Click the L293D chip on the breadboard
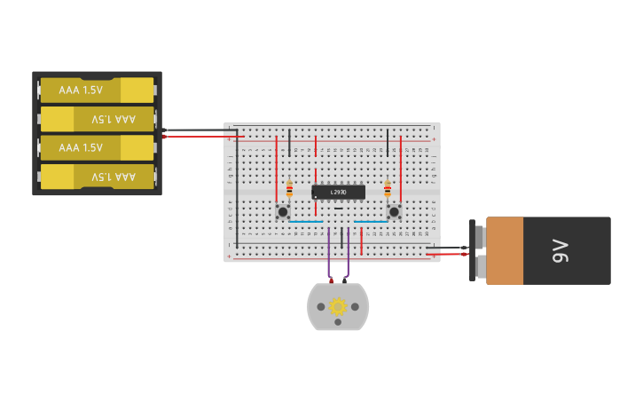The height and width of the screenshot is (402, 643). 338,192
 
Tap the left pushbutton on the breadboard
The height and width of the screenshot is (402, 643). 283,211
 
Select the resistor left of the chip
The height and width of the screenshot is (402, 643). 289,188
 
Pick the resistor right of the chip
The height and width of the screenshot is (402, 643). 387,188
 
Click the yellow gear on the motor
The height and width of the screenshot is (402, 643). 338,306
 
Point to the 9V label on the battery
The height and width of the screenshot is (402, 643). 560,251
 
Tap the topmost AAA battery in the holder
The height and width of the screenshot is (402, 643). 97,90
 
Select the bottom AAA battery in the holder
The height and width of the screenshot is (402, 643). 97,177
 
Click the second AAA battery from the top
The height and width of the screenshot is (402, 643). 97,119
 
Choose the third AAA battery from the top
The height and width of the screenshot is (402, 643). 97,147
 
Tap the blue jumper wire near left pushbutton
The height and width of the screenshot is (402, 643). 306,222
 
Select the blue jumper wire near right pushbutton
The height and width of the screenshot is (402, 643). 371,222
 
